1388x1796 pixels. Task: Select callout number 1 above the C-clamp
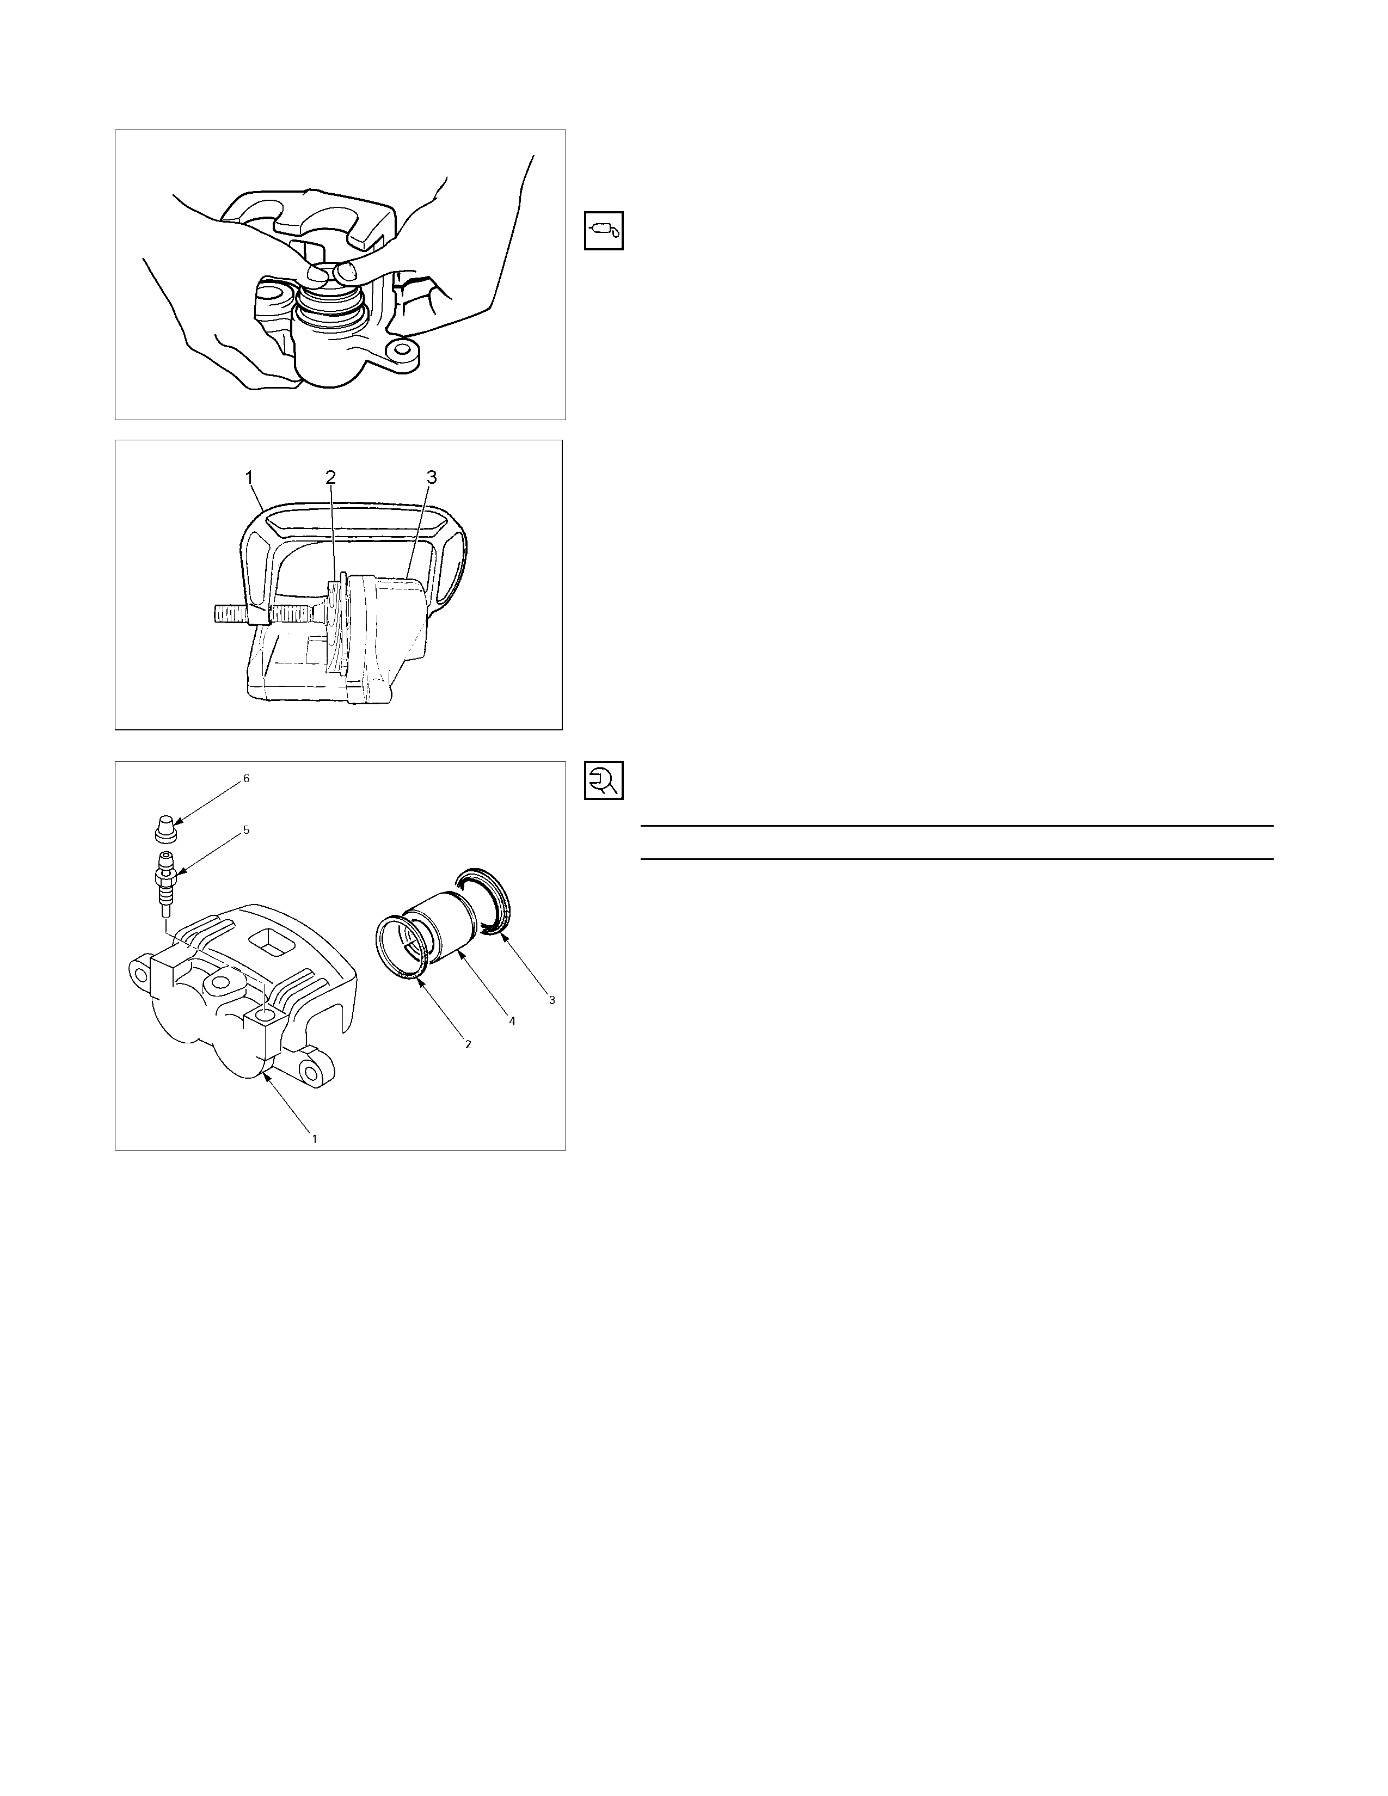[248, 477]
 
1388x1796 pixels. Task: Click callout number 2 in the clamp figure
[330, 477]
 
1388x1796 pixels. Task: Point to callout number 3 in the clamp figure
[432, 477]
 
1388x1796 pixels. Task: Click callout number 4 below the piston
[512, 1020]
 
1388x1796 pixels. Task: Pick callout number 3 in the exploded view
[552, 1000]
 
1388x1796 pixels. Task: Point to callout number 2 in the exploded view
[468, 1043]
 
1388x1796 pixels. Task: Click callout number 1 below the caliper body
[314, 1138]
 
